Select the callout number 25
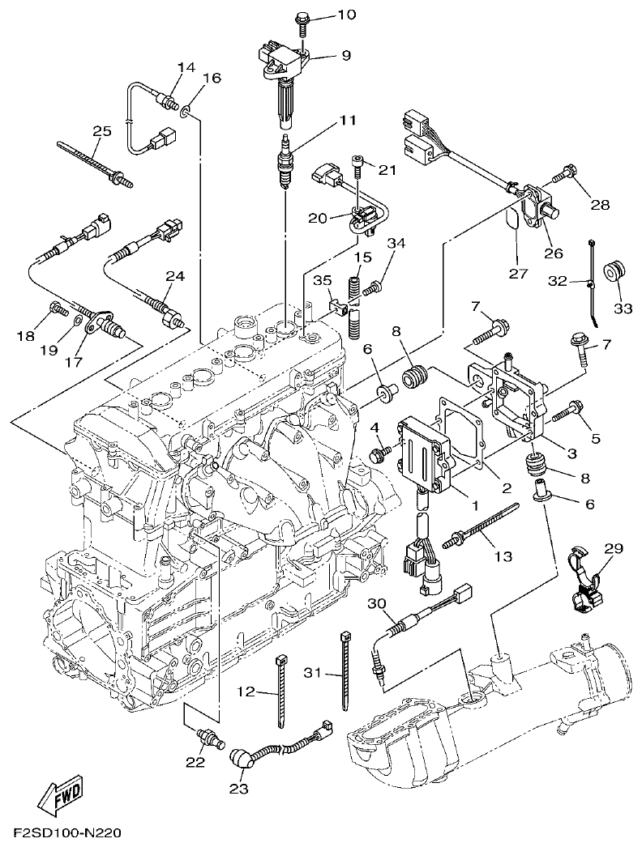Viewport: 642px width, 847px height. (x=101, y=131)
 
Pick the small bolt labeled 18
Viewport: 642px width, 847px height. (x=58, y=308)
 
